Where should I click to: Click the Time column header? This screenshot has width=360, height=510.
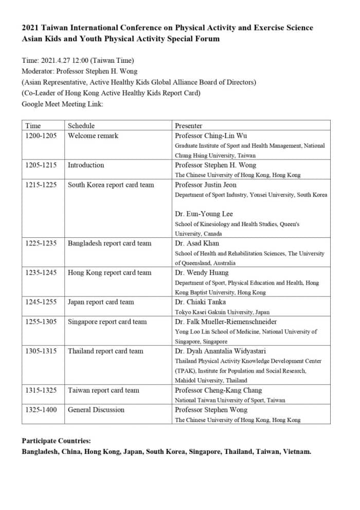coord(33,126)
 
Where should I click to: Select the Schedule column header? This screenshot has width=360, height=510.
coord(81,126)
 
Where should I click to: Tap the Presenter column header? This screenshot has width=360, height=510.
coord(189,126)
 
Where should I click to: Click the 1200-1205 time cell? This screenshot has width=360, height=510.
coord(41,136)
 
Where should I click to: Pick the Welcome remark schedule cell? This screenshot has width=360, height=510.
coord(93,136)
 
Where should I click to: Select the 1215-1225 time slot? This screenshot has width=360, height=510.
coord(41,185)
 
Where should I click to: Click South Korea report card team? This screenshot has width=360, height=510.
coord(111,185)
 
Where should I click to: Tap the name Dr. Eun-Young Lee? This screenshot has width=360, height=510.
coord(204,214)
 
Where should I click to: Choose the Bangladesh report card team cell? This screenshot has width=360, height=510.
coord(110,243)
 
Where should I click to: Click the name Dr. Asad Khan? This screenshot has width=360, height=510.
coord(197,243)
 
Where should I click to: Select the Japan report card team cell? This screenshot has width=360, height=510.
coord(101,302)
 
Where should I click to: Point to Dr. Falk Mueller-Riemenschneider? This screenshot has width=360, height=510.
coord(226,322)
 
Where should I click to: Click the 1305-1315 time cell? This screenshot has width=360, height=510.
coord(41,351)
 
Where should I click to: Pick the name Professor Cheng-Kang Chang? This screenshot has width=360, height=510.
coord(218,390)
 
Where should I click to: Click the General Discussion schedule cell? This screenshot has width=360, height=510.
coord(96,410)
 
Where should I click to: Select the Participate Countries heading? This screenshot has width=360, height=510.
coord(57,441)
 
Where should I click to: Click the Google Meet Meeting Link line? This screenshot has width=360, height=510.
coord(63,104)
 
